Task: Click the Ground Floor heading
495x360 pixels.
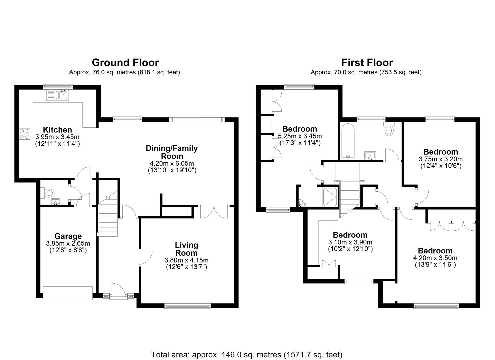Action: click(x=125, y=62)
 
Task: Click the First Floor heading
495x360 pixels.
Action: click(x=367, y=62)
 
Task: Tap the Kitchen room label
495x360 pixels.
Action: click(x=57, y=130)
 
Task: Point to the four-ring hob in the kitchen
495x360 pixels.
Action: click(x=24, y=134)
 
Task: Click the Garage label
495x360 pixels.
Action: click(x=68, y=236)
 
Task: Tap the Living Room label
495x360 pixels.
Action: click(x=186, y=249)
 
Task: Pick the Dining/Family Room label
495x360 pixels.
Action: click(x=172, y=152)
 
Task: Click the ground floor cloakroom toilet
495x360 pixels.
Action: click(x=48, y=192)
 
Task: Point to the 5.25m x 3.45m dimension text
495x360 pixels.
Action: click(x=300, y=136)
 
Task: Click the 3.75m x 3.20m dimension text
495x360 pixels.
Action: click(x=440, y=159)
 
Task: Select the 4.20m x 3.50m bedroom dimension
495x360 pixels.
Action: click(x=435, y=258)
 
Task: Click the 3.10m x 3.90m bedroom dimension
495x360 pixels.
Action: click(x=350, y=242)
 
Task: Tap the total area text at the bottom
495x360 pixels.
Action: click(x=247, y=354)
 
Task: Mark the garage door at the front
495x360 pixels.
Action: click(x=68, y=293)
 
